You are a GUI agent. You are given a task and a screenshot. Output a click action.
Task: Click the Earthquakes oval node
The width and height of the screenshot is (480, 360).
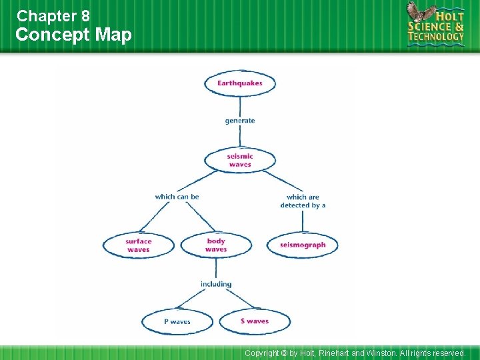(x=239, y=83)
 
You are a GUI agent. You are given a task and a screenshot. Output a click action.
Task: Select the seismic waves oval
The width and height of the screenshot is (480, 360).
(x=239, y=160)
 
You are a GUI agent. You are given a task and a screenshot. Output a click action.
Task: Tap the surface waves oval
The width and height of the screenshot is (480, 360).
(x=138, y=245)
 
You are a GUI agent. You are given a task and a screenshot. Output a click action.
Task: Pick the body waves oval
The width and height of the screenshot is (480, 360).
(x=216, y=245)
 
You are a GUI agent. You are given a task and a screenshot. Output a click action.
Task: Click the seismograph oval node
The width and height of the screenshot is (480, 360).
(x=303, y=245)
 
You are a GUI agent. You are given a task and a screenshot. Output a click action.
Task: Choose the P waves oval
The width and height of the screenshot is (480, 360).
(x=177, y=321)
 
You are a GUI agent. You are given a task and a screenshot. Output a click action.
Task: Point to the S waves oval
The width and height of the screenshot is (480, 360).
(x=255, y=321)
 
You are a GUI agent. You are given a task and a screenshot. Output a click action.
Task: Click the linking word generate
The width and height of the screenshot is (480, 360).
(x=239, y=121)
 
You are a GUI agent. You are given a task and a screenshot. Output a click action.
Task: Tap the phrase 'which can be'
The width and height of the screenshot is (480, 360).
(x=177, y=197)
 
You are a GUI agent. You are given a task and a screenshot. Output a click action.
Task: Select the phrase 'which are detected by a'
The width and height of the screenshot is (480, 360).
(x=303, y=201)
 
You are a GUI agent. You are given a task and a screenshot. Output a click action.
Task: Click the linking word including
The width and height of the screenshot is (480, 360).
(x=216, y=284)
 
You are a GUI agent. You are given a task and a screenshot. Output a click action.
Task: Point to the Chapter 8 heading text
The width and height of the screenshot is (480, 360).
(x=53, y=15)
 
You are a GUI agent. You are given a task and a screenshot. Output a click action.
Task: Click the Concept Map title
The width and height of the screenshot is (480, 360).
(x=73, y=35)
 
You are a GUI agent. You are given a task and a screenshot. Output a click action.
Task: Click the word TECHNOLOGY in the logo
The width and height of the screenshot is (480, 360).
(x=436, y=37)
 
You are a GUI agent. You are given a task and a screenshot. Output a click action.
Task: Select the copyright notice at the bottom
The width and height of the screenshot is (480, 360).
(x=355, y=353)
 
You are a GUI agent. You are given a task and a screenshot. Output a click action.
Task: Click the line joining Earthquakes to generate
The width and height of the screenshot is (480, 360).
(x=239, y=105)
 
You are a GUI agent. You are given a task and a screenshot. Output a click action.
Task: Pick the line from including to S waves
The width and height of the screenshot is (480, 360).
(x=236, y=299)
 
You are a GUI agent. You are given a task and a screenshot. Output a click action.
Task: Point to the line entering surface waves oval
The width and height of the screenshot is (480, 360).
(x=155, y=217)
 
